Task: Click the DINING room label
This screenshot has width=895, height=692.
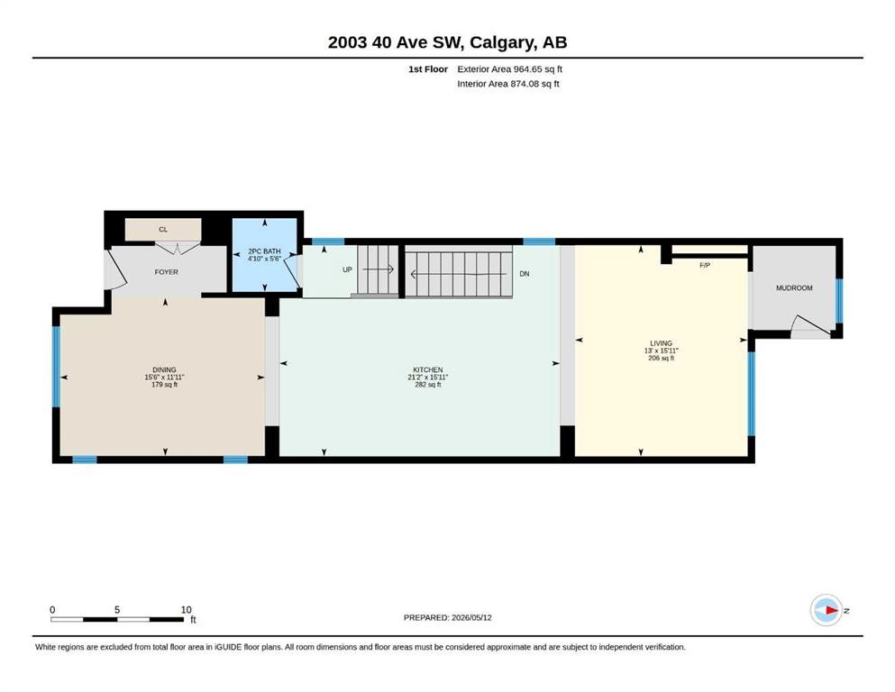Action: click(x=164, y=369)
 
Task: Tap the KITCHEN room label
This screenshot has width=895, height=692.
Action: click(x=428, y=369)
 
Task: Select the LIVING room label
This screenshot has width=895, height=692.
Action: click(x=661, y=343)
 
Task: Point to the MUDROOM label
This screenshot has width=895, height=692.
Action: click(x=794, y=288)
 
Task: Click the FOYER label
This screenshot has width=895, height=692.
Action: click(x=166, y=272)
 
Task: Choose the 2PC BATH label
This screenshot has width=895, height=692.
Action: click(x=264, y=251)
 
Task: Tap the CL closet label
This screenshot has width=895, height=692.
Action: click(x=163, y=230)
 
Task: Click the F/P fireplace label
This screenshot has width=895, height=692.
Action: click(x=705, y=265)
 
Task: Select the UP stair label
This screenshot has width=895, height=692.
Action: click(x=347, y=269)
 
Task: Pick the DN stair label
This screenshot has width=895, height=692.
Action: click(x=525, y=274)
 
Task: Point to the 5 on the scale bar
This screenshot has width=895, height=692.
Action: click(x=117, y=610)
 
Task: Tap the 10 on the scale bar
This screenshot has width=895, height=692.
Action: click(x=186, y=610)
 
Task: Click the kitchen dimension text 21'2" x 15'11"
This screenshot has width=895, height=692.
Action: click(x=428, y=378)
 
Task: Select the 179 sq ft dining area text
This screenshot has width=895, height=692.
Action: click(x=164, y=385)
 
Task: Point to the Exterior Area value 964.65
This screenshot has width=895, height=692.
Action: click(x=528, y=69)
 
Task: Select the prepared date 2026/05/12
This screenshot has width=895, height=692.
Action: click(x=471, y=617)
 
